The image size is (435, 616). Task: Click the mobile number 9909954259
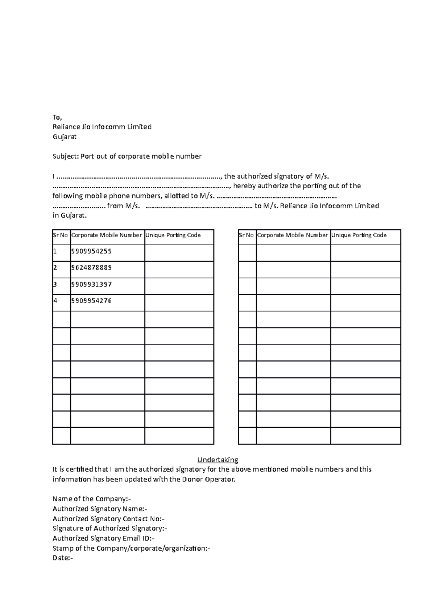[x=91, y=251]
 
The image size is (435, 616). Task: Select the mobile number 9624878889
[x=91, y=268]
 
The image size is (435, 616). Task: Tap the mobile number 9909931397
[x=91, y=284]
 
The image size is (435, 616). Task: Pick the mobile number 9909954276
[x=91, y=301]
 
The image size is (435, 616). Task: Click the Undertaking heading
[x=217, y=460]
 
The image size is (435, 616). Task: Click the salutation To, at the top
[x=57, y=117]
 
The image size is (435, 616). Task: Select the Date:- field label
[x=63, y=558]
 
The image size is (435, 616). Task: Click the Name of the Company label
[x=91, y=499]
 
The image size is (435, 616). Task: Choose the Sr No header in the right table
[x=246, y=235]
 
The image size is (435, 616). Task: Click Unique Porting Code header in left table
[x=173, y=235]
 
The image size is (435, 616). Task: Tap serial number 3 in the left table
[x=55, y=284]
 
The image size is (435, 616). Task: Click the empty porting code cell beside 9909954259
[x=179, y=253]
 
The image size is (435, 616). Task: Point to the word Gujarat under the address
[x=65, y=137]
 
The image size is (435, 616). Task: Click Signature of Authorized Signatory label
[x=109, y=529]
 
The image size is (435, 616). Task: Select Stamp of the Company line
[x=131, y=548]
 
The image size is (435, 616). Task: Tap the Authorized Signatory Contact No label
[x=108, y=519]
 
